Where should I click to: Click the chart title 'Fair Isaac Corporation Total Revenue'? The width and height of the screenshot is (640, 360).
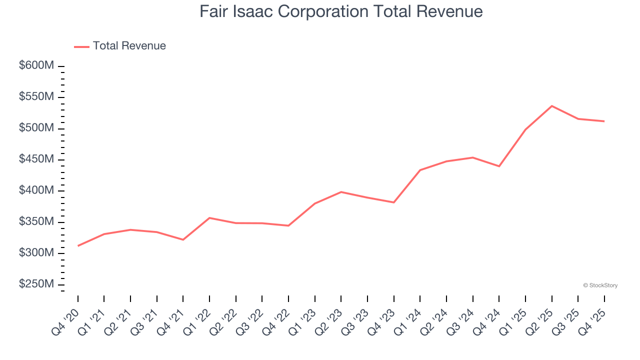click(x=341, y=11)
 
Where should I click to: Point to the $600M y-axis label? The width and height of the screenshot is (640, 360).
click(x=36, y=65)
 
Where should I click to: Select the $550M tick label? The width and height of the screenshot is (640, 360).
click(x=36, y=96)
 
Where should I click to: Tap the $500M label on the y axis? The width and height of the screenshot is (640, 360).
click(x=36, y=128)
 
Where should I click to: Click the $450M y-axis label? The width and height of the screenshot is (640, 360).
click(x=36, y=159)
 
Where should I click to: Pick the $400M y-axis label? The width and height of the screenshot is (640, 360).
click(x=36, y=190)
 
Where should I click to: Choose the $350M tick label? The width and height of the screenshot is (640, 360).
click(x=36, y=221)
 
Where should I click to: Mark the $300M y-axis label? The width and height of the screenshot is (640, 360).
click(x=36, y=253)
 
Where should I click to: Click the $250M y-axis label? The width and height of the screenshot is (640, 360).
click(x=36, y=284)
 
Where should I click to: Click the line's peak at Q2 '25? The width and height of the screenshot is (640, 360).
click(x=551, y=106)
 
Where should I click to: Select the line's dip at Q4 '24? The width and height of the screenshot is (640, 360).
click(x=499, y=166)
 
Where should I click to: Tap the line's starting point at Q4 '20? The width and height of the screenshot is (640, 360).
click(x=78, y=245)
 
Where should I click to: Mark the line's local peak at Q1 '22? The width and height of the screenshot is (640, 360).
click(x=209, y=218)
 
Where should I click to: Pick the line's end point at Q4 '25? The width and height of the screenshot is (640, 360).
click(x=604, y=121)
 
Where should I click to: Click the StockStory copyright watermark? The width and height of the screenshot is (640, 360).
click(x=600, y=285)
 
